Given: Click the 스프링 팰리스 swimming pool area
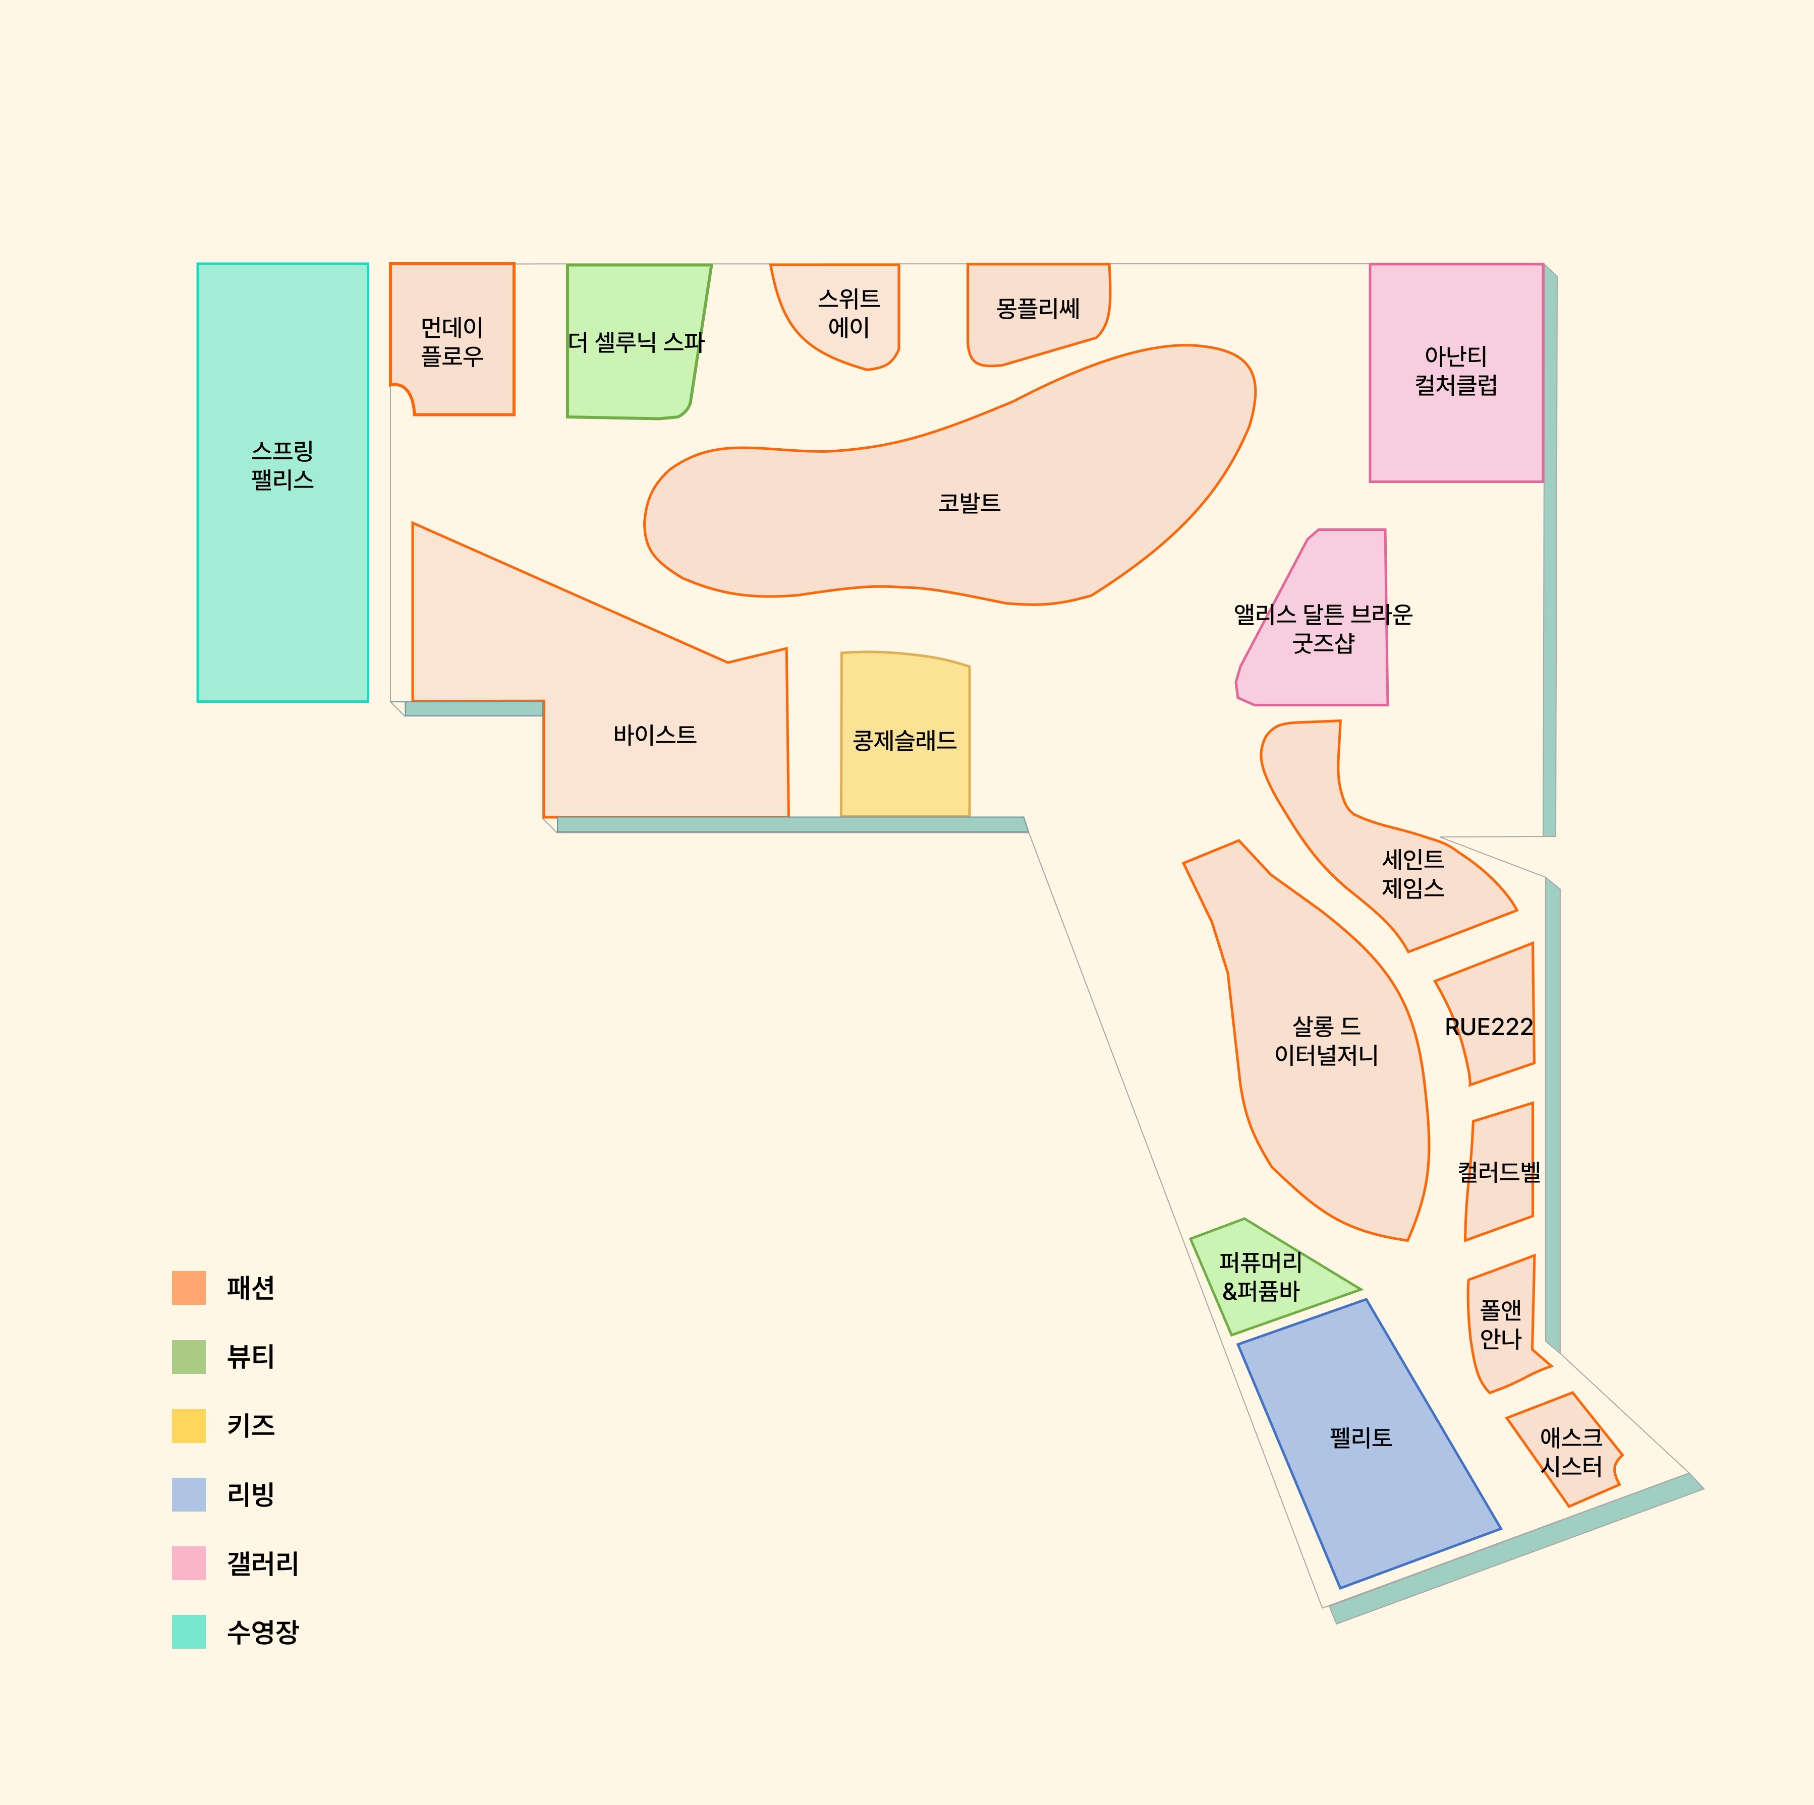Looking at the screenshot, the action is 282,483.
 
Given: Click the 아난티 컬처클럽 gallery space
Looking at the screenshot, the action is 1456,373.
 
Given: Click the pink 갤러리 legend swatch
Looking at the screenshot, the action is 189,1563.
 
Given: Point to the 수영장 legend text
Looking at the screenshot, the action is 263,1632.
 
